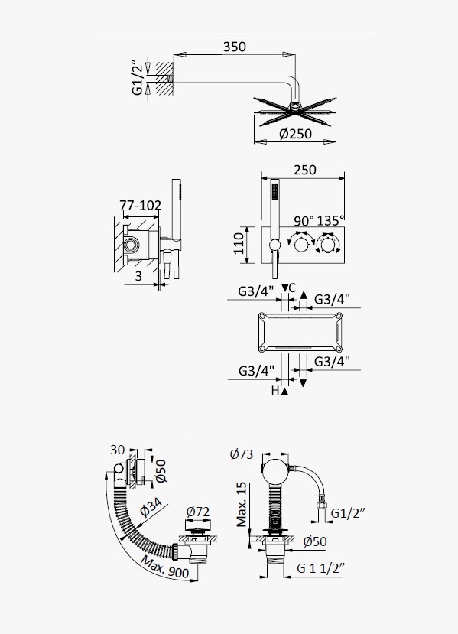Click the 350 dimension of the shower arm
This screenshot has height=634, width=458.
pyautogui.click(x=235, y=47)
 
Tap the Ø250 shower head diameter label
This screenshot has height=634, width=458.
pyautogui.click(x=295, y=133)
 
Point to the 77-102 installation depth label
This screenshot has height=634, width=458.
pyautogui.click(x=140, y=206)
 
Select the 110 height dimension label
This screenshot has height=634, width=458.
pyautogui.click(x=239, y=243)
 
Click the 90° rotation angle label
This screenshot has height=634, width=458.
pyautogui.click(x=304, y=221)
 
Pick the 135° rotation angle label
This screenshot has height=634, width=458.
pyautogui.click(x=331, y=221)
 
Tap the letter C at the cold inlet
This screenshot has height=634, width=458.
pyautogui.click(x=292, y=288)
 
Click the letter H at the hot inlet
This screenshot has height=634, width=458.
pyautogui.click(x=275, y=391)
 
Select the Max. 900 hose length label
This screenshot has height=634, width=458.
pyautogui.click(x=165, y=567)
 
